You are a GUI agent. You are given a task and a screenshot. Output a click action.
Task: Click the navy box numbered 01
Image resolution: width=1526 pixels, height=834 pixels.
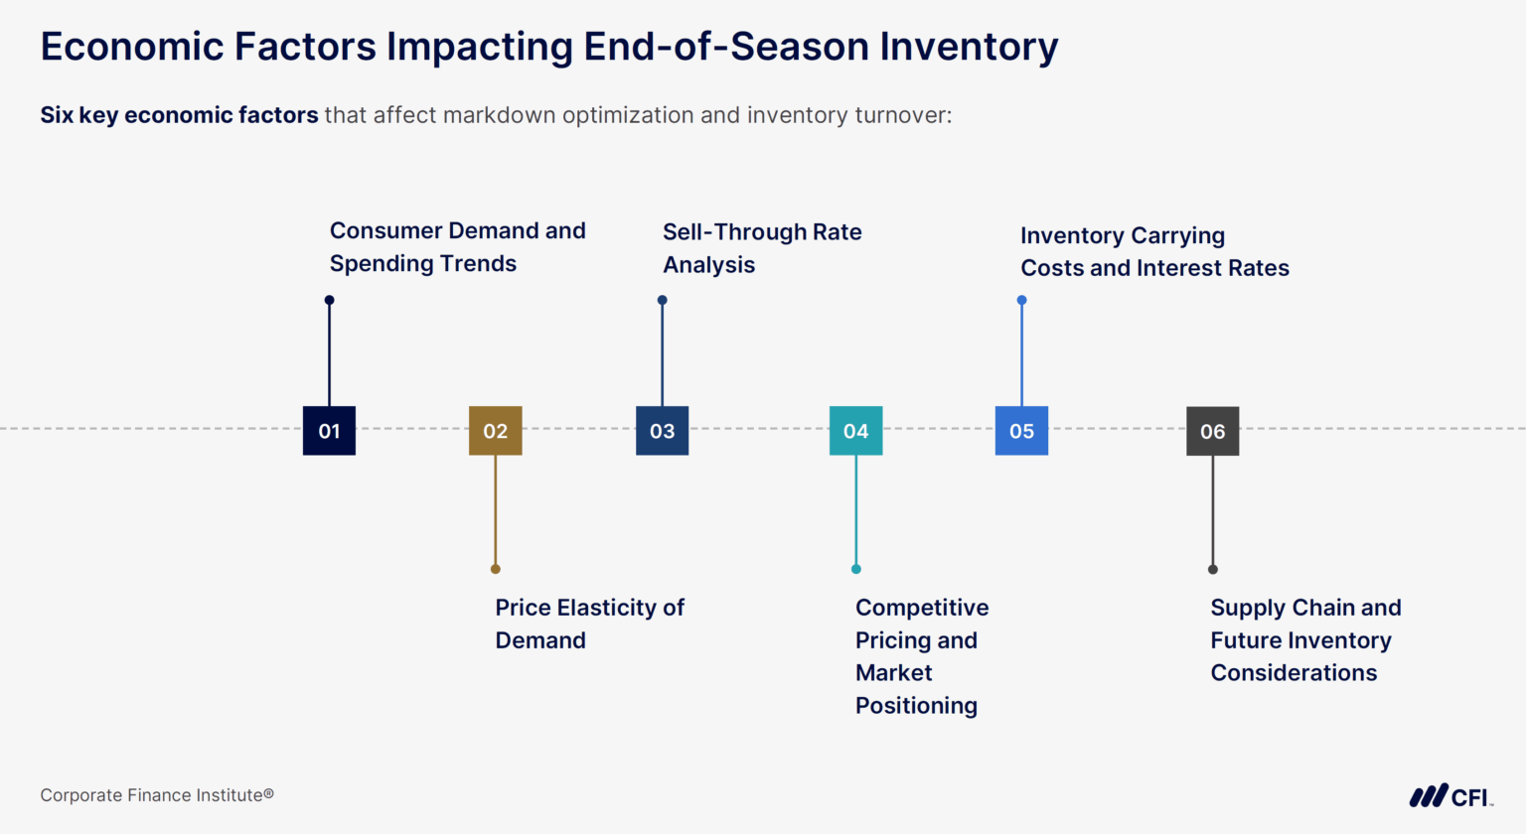(x=329, y=431)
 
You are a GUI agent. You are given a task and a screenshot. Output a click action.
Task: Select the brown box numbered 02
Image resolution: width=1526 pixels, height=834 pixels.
(x=495, y=431)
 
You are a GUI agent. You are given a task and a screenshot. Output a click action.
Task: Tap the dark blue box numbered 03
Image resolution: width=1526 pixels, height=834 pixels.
(x=662, y=431)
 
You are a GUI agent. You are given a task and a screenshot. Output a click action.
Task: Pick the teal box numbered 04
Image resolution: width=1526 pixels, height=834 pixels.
(x=855, y=431)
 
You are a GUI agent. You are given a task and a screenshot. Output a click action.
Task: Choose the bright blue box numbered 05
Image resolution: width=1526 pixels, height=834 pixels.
(x=1021, y=431)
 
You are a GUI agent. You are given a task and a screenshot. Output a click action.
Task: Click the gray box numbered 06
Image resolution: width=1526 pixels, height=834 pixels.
(x=1212, y=431)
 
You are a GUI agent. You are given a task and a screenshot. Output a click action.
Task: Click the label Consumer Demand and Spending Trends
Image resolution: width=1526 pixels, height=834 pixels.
(x=457, y=247)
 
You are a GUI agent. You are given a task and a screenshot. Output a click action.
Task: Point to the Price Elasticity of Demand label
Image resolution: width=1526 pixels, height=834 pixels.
(x=589, y=624)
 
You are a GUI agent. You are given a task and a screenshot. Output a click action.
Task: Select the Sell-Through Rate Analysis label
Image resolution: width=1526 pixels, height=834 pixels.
(x=761, y=248)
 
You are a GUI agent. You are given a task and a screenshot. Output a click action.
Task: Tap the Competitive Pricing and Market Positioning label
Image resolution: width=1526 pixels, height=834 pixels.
(x=921, y=656)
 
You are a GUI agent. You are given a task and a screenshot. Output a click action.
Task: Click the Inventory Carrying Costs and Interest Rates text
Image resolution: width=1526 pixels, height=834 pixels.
(x=1153, y=252)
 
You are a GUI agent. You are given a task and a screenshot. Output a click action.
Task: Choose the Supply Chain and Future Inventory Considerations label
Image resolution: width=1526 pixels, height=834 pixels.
(x=1304, y=640)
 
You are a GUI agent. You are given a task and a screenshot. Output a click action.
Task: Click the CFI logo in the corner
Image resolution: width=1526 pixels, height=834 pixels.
(x=1450, y=796)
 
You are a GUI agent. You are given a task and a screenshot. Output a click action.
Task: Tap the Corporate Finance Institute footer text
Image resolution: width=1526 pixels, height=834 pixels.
(x=156, y=795)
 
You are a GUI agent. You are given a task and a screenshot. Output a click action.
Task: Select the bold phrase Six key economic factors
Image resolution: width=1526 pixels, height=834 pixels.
(x=179, y=115)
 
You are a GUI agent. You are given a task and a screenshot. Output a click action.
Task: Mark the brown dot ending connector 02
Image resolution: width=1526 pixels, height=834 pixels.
(x=495, y=569)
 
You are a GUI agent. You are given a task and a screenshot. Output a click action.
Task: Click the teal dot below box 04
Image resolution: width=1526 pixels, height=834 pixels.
(x=855, y=569)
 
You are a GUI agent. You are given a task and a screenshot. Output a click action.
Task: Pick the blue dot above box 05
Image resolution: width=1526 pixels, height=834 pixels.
(x=1021, y=300)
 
